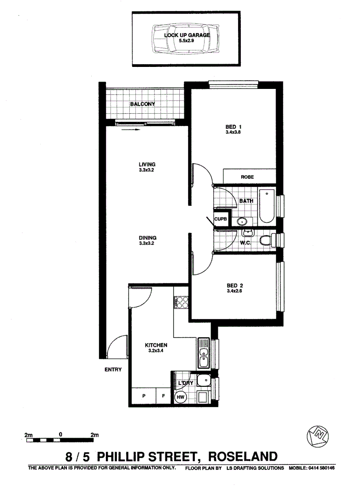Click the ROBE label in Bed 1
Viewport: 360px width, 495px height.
tap(247, 176)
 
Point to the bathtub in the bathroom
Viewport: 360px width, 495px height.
tap(266, 206)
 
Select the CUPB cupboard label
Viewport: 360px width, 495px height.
tap(221, 219)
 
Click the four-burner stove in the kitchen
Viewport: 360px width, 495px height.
tap(181, 303)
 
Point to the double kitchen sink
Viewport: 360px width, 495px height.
tap(204, 353)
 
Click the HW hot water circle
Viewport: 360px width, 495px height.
tap(180, 397)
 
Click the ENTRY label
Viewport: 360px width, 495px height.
tap(113, 369)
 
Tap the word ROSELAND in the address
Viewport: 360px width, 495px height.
tap(243, 456)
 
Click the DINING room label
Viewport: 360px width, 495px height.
tap(148, 238)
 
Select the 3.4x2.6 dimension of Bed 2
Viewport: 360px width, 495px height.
tap(234, 291)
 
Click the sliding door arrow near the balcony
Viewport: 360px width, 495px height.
tap(132, 130)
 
